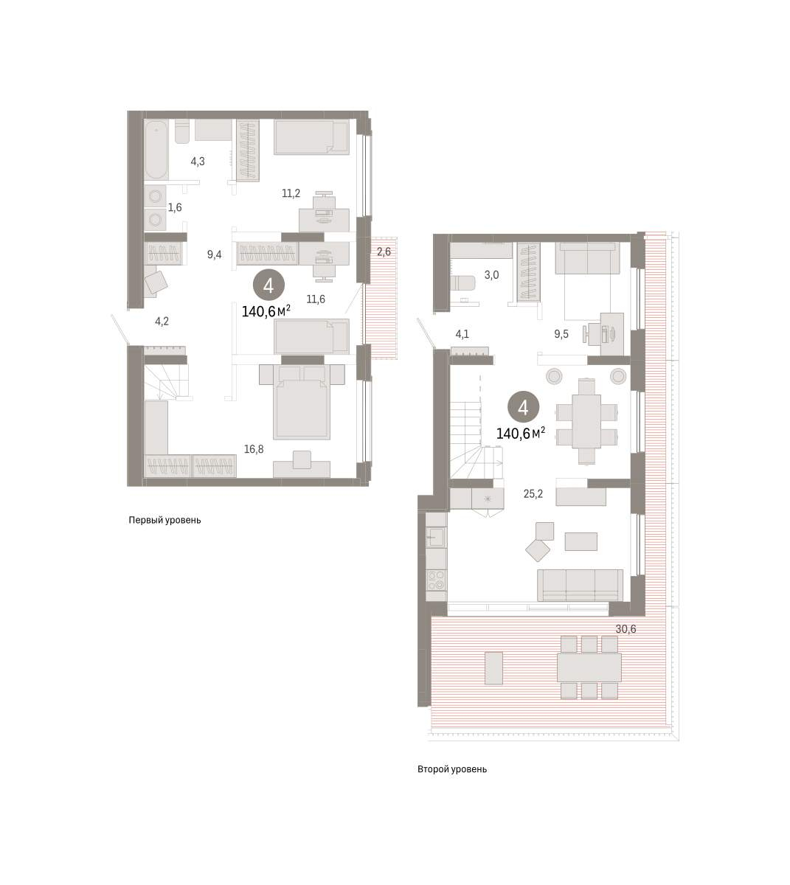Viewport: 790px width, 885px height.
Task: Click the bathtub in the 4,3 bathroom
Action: pyautogui.click(x=156, y=149)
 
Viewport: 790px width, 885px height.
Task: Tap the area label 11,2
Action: pyautogui.click(x=291, y=193)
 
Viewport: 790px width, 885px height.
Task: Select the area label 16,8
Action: pyautogui.click(x=254, y=449)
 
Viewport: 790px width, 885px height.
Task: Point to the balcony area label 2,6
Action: pyautogui.click(x=384, y=251)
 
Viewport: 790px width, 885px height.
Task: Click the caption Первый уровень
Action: pyautogui.click(x=164, y=520)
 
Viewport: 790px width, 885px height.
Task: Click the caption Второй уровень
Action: pyautogui.click(x=452, y=769)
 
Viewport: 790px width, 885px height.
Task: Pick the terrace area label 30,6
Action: pyautogui.click(x=626, y=629)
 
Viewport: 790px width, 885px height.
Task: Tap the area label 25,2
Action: pyautogui.click(x=533, y=493)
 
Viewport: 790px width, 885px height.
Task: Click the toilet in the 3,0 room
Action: pyautogui.click(x=462, y=282)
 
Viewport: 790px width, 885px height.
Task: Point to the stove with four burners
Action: pyautogui.click(x=436, y=580)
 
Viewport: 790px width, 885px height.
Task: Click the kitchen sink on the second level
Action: pyautogui.click(x=436, y=536)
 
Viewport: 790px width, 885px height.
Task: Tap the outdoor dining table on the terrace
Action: pyautogui.click(x=589, y=667)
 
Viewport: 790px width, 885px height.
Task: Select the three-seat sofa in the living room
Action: pyautogui.click(x=581, y=586)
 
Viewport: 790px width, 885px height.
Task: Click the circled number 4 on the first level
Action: pyautogui.click(x=268, y=285)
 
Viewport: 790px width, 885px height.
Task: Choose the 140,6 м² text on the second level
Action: pyautogui.click(x=521, y=434)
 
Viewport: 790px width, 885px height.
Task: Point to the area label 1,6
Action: pyautogui.click(x=175, y=207)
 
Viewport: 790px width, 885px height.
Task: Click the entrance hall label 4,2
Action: pyautogui.click(x=162, y=322)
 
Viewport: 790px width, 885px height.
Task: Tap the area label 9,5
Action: pyautogui.click(x=561, y=334)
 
